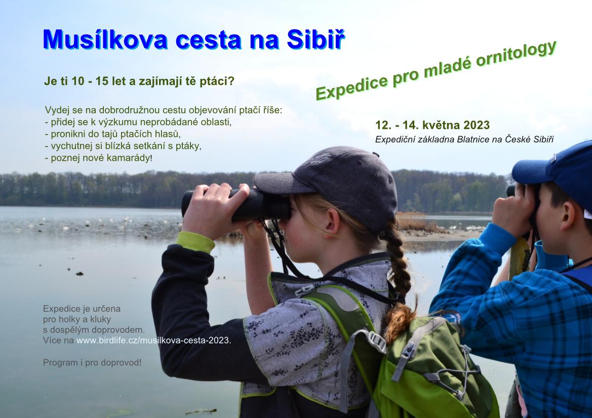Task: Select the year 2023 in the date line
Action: [x=477, y=125]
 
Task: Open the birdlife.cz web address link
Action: [x=153, y=340]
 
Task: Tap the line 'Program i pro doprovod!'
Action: [x=92, y=362]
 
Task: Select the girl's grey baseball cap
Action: [x=332, y=184]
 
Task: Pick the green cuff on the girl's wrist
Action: [x=195, y=242]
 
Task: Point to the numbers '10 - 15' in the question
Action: [x=90, y=81]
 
